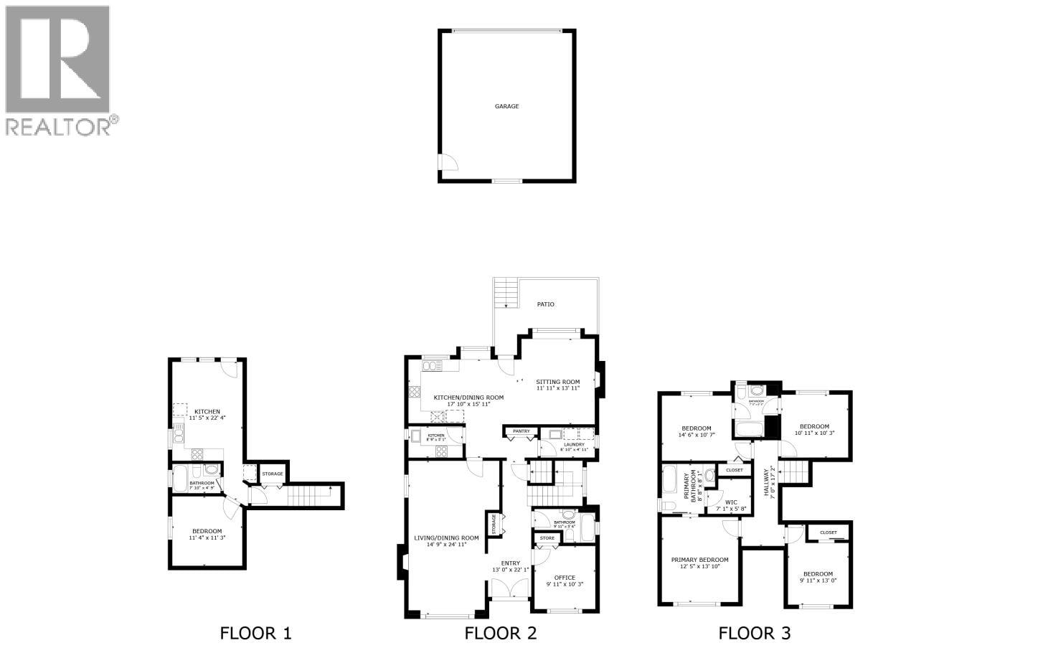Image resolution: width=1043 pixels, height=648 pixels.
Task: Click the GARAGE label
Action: point(506,106)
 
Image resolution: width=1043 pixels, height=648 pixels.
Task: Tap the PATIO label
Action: point(545,304)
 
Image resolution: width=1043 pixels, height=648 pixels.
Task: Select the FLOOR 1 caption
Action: point(255,633)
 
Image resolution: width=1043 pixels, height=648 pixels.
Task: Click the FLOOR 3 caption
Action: point(755,633)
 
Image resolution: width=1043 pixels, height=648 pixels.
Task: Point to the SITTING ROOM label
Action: point(557,382)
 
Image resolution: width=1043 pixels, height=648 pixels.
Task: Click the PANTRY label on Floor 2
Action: point(521,431)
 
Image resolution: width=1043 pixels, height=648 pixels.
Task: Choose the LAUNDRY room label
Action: point(574,444)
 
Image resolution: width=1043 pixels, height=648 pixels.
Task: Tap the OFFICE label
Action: point(565,578)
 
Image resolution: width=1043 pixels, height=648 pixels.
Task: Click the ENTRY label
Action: point(510,563)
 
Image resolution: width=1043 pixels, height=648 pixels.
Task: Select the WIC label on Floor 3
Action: point(731,502)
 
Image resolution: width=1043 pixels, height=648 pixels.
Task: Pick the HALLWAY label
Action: point(767,483)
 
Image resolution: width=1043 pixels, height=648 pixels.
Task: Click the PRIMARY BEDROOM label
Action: point(699,560)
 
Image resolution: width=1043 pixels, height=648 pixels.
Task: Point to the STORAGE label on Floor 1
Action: point(272,474)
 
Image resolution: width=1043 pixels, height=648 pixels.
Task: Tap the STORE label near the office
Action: point(547,537)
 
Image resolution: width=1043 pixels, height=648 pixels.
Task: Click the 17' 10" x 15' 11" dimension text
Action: point(468,404)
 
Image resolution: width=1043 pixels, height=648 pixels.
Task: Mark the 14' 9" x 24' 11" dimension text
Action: point(440,545)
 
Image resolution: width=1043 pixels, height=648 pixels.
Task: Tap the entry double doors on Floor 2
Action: point(510,589)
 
